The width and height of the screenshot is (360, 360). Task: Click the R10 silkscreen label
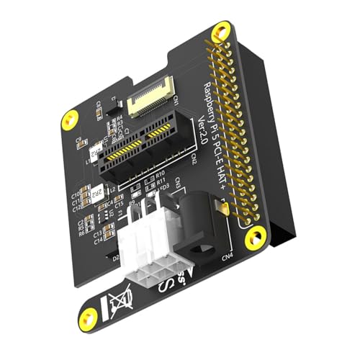(160, 174)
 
